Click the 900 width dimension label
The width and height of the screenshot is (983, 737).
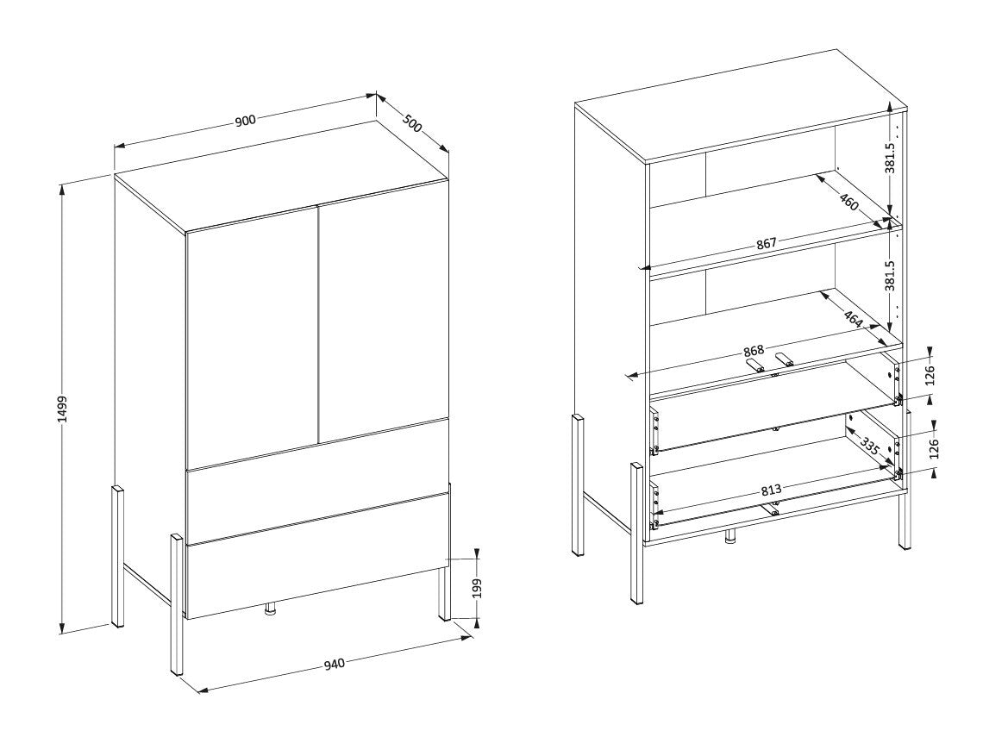[245, 120]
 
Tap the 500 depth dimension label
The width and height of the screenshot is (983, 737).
[411, 122]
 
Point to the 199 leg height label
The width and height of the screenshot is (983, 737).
[478, 589]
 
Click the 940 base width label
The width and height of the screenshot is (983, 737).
[335, 663]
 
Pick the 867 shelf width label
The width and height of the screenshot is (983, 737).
[766, 243]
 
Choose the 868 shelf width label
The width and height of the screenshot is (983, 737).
[754, 351]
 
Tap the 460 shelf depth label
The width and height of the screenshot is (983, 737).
[848, 202]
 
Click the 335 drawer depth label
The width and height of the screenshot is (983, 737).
[869, 447]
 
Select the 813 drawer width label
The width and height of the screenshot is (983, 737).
[772, 490]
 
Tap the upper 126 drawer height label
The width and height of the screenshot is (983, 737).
[930, 375]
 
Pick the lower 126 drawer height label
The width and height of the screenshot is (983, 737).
[934, 449]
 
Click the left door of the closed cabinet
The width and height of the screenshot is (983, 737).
[252, 339]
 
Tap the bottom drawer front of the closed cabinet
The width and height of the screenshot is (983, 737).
[318, 556]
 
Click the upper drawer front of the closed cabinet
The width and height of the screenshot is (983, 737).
[318, 480]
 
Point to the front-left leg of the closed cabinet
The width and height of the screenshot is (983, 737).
[177, 604]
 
